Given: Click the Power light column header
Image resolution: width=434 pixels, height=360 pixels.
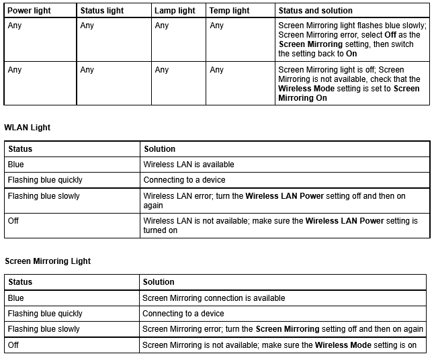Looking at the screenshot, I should [29, 11].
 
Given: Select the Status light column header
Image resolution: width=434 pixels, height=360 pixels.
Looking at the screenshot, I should [101, 11].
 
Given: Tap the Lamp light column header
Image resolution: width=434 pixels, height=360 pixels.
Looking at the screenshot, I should [175, 11].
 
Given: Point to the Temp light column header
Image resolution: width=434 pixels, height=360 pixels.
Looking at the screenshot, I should [229, 11].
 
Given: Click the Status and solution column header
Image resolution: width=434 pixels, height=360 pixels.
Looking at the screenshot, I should [315, 11].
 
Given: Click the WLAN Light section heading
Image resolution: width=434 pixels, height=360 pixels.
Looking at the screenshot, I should [28, 127].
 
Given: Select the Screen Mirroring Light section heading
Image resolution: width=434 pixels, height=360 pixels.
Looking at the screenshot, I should [48, 261].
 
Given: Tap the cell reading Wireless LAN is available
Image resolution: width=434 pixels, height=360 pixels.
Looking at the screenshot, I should [189, 164].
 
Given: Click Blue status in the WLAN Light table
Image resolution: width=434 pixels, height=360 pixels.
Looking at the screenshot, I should [15, 164].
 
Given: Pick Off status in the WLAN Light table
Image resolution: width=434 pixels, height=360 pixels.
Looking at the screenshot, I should [13, 220].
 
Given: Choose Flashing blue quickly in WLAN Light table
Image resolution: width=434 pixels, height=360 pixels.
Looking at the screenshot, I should [45, 180].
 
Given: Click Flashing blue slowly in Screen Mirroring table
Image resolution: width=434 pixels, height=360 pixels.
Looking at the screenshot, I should [44, 329].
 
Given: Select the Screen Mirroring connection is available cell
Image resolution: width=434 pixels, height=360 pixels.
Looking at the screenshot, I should [214, 298].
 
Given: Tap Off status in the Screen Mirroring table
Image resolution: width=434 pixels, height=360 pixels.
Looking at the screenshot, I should [13, 345].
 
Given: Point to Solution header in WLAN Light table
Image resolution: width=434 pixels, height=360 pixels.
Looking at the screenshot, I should [159, 148].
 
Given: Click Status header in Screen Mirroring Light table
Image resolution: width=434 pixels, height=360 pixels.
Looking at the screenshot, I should [20, 282].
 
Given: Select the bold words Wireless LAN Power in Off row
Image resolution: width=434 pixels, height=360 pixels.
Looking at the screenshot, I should [345, 220].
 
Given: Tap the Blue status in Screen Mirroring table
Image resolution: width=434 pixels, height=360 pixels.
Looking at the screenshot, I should [15, 298].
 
